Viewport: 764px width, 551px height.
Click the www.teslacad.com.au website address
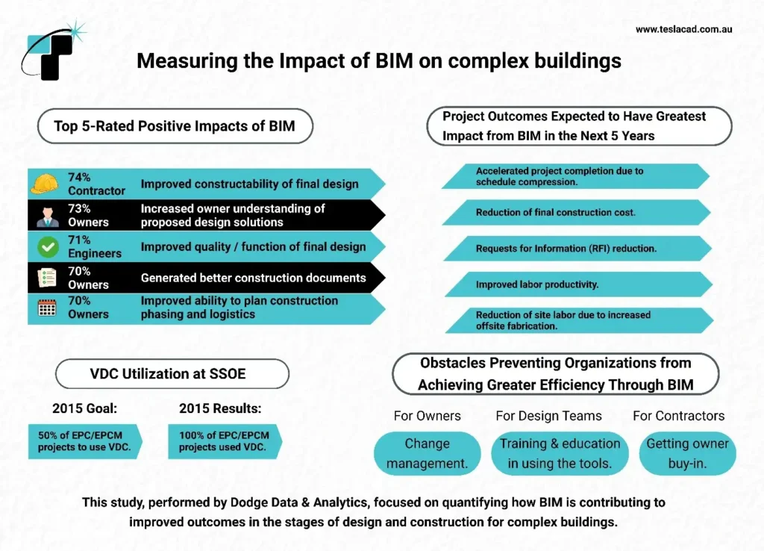683,29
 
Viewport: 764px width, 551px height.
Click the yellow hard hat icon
44,184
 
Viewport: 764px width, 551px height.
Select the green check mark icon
47,246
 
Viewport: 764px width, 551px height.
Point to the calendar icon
47,308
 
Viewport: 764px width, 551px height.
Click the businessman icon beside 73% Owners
47,215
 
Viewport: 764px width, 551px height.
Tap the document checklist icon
47,277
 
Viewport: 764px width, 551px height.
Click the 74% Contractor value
96,184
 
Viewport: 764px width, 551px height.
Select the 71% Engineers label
95,246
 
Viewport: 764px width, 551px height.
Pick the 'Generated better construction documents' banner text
253,278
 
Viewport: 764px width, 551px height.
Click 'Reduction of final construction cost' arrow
574,213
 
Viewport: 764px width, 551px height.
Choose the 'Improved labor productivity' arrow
574,284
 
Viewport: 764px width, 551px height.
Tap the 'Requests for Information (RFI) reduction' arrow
574,249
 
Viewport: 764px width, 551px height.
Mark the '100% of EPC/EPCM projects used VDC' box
224,441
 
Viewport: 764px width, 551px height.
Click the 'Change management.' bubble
427,453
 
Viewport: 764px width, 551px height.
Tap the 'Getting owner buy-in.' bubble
687,453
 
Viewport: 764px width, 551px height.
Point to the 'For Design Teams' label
548,416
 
